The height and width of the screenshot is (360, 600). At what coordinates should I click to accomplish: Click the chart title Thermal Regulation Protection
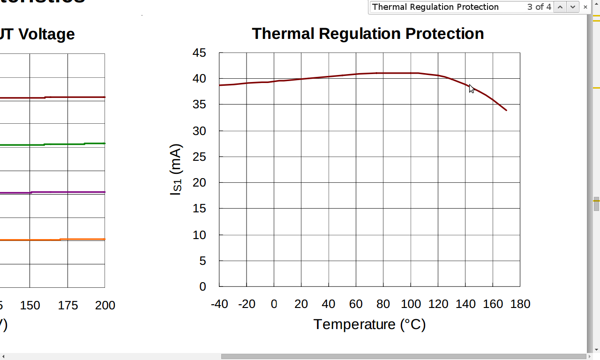point(367,34)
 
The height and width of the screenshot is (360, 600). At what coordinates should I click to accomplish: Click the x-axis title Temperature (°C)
point(369,324)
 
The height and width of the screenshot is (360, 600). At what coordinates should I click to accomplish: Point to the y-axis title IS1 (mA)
point(176,170)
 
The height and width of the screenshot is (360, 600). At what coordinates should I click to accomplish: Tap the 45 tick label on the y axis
point(199,53)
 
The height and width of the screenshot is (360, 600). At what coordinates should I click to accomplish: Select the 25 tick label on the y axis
point(199,157)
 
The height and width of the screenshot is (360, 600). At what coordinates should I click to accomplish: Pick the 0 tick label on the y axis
point(202,286)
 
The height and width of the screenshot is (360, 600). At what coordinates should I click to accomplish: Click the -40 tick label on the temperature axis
point(219,304)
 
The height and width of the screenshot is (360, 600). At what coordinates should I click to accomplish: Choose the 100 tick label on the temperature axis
point(411,304)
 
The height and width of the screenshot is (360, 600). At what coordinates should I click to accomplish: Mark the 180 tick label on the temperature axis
point(520,304)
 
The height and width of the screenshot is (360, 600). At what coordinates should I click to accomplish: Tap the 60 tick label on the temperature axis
point(356,304)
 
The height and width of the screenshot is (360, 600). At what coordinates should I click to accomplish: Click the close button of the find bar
point(585,7)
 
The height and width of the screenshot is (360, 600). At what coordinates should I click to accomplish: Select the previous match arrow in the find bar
point(560,7)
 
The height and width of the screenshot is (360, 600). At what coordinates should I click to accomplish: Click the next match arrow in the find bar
point(572,7)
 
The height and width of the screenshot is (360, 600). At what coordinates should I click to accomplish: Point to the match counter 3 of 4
point(539,7)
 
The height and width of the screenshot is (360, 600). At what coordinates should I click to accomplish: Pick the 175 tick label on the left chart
point(68,306)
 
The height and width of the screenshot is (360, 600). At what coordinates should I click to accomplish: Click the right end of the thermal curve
point(506,110)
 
